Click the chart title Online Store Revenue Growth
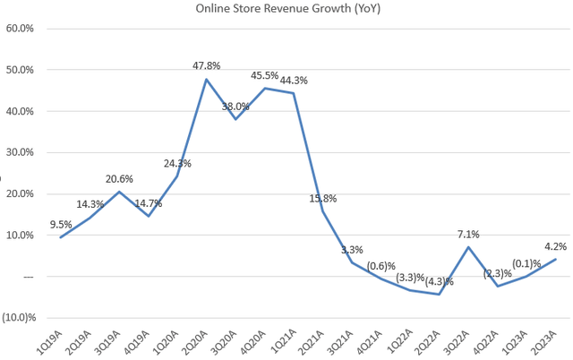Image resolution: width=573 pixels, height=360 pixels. (286, 9)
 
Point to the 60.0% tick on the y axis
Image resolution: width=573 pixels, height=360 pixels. (19, 28)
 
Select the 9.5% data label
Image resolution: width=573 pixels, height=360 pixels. (61, 225)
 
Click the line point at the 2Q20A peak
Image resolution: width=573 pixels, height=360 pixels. (207, 80)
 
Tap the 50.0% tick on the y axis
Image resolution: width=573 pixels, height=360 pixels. (19, 70)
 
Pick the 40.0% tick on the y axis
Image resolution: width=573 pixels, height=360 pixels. (19, 111)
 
